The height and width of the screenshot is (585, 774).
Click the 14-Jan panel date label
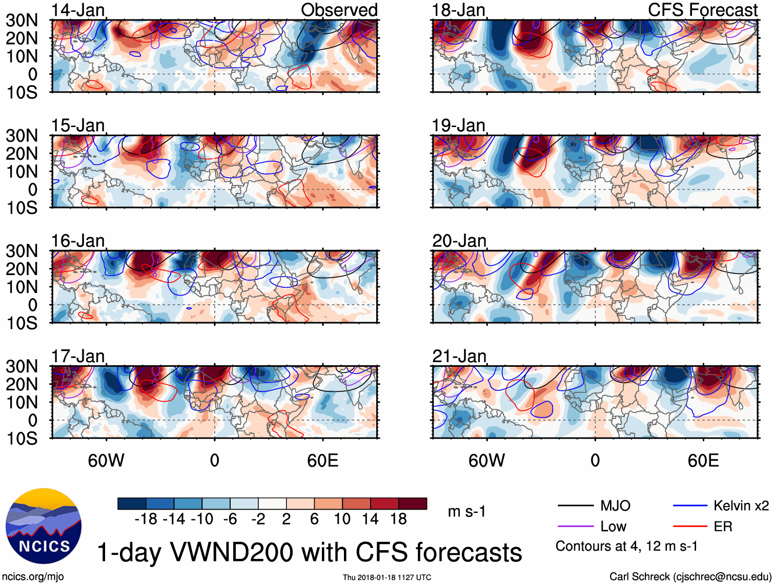tap(78, 10)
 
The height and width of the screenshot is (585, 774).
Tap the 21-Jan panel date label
tap(459, 356)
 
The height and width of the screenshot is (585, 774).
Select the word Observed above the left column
tap(339, 10)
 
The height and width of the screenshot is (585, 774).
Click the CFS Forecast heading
tap(702, 10)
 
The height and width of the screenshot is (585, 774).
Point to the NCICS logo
tap(44, 526)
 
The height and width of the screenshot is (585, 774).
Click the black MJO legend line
tap(575, 506)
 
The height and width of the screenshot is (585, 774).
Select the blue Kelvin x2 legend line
tap(690, 506)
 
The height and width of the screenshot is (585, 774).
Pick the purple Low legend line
tap(575, 527)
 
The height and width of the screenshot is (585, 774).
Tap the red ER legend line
tap(690, 527)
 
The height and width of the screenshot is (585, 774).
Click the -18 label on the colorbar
tap(146, 519)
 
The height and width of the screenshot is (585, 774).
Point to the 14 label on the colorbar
tap(370, 519)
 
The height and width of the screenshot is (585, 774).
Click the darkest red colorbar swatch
tap(413, 504)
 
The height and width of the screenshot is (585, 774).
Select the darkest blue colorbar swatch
tap(132, 504)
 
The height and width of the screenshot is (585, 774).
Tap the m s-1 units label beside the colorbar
tap(466, 511)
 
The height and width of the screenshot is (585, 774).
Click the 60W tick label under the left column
tap(106, 461)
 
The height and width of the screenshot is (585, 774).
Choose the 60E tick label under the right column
tap(703, 461)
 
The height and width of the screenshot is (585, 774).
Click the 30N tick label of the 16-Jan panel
tap(22, 251)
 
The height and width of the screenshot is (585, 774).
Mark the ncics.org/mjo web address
tap(33, 577)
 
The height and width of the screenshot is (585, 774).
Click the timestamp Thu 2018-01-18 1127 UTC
tap(387, 577)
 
